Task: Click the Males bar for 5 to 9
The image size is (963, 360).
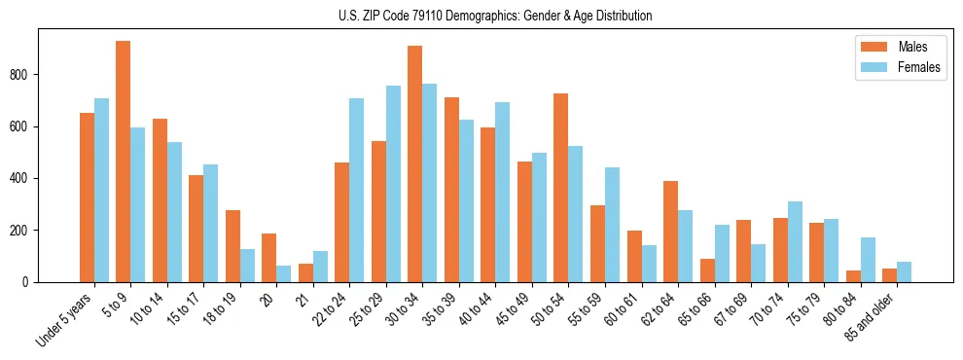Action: (x=124, y=162)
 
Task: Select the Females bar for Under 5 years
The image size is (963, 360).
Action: (x=101, y=190)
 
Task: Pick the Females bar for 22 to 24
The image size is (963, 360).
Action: (x=357, y=190)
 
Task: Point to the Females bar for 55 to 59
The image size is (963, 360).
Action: (x=612, y=225)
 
